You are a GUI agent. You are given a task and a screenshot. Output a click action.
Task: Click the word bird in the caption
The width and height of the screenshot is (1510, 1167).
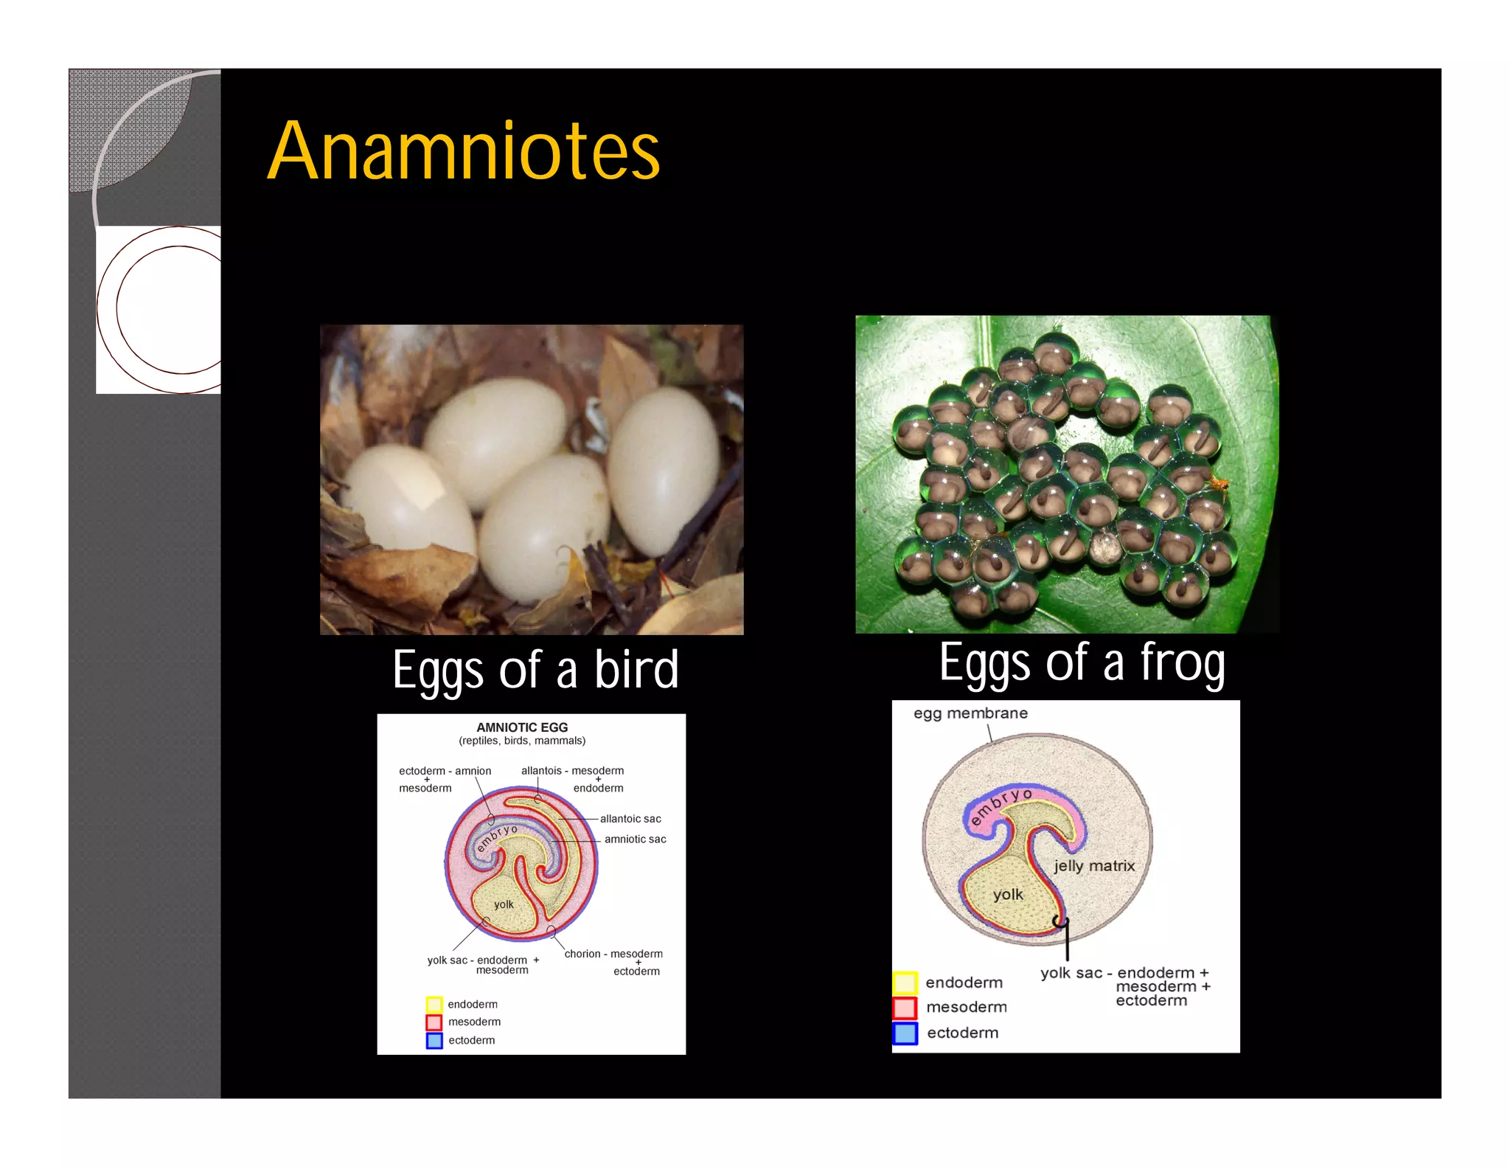pyautogui.click(x=636, y=670)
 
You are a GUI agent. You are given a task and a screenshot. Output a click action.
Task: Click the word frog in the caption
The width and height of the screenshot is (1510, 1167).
pyautogui.click(x=1182, y=662)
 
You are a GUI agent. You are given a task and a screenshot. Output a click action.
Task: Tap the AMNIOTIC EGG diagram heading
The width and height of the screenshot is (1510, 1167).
pyautogui.click(x=522, y=727)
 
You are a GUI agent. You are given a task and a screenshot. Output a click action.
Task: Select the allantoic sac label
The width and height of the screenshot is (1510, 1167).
pyautogui.click(x=630, y=819)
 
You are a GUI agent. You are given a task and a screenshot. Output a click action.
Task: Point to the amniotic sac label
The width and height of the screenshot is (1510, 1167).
pyautogui.click(x=635, y=839)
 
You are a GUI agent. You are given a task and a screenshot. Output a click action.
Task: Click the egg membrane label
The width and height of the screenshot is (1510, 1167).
pyautogui.click(x=970, y=713)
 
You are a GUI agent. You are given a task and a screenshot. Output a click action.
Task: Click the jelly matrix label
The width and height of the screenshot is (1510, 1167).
pyautogui.click(x=1094, y=866)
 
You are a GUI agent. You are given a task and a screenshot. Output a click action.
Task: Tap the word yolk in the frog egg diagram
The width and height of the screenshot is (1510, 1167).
pyautogui.click(x=1008, y=895)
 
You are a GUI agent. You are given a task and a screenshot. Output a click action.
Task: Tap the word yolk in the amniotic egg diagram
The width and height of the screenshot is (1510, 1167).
pyautogui.click(x=504, y=904)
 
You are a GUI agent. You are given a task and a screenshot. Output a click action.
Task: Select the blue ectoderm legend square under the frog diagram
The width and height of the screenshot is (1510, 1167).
pyautogui.click(x=905, y=1033)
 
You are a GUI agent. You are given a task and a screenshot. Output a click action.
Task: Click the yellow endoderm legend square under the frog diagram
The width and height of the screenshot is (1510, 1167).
pyautogui.click(x=905, y=983)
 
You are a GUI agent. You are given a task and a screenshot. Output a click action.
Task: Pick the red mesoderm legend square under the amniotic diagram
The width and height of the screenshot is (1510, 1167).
pyautogui.click(x=434, y=1022)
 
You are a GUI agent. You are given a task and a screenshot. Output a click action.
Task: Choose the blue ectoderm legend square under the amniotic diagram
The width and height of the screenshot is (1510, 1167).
pyautogui.click(x=434, y=1041)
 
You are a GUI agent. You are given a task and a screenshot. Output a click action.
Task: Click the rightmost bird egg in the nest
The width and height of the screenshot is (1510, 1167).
pyautogui.click(x=664, y=472)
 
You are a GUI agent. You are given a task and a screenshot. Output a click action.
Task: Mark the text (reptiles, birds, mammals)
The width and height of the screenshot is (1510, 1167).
pyautogui.click(x=522, y=741)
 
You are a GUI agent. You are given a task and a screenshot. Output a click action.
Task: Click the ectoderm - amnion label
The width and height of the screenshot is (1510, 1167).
pyautogui.click(x=445, y=771)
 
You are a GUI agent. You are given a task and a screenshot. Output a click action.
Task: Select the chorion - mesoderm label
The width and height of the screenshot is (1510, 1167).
pyautogui.click(x=613, y=954)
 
